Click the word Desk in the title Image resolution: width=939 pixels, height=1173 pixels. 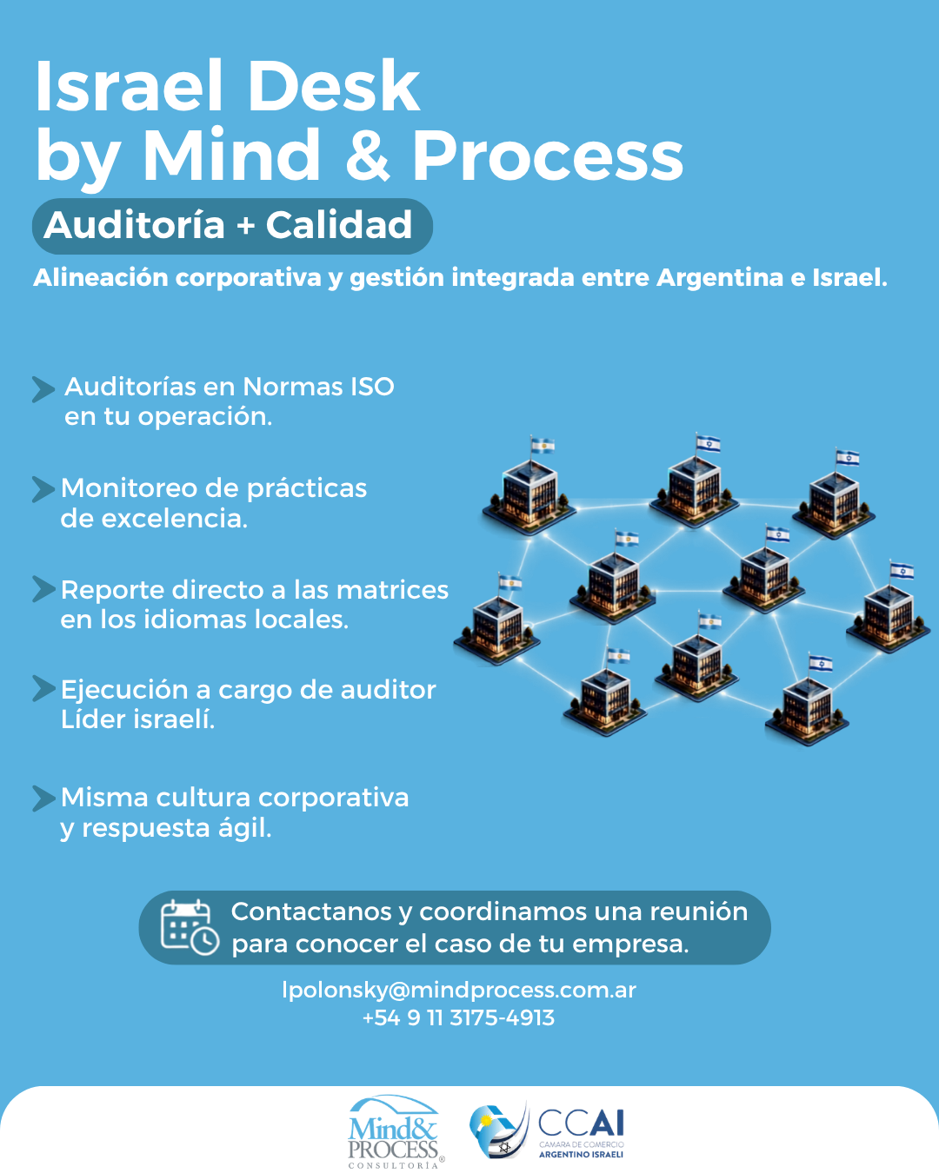336,85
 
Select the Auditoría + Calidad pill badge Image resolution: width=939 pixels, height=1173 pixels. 232,226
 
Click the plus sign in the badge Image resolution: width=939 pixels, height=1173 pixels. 246,226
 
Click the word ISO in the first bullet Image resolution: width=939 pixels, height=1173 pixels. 372,387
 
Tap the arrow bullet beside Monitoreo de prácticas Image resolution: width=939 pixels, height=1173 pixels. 43,489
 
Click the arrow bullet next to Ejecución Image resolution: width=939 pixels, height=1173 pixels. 43,688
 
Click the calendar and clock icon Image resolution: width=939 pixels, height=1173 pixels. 190,928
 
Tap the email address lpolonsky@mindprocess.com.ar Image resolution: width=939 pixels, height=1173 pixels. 459,991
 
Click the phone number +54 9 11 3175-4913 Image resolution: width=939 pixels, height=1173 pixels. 458,1018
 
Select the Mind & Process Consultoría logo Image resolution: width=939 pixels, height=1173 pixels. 395,1132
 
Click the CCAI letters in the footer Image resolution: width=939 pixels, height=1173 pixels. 581,1123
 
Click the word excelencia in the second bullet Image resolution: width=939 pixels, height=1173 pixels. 175,519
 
